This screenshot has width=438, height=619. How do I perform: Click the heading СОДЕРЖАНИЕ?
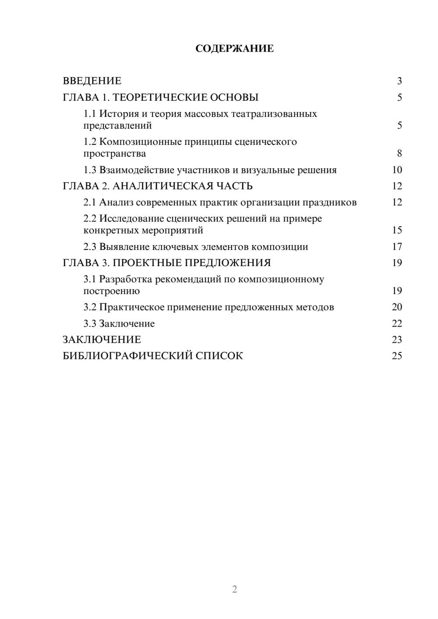click(x=234, y=49)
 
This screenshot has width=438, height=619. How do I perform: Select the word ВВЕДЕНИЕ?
click(x=92, y=81)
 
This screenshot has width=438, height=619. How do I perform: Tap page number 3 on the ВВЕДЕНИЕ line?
click(x=399, y=81)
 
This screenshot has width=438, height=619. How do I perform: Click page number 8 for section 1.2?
click(x=399, y=154)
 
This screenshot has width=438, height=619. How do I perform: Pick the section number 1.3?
click(x=90, y=170)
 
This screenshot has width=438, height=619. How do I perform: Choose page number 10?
click(x=397, y=170)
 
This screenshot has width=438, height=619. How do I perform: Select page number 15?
click(x=397, y=230)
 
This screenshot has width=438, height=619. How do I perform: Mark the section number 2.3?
click(x=90, y=247)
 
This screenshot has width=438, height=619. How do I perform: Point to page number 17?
click(x=397, y=247)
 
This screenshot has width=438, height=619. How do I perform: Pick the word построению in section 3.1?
click(x=111, y=291)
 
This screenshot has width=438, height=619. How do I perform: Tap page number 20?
click(x=397, y=307)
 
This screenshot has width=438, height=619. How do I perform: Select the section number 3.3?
click(x=90, y=324)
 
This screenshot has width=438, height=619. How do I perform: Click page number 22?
click(x=397, y=324)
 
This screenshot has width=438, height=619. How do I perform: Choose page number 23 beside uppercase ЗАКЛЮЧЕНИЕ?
click(x=397, y=340)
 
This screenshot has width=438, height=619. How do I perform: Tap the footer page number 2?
click(x=234, y=589)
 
